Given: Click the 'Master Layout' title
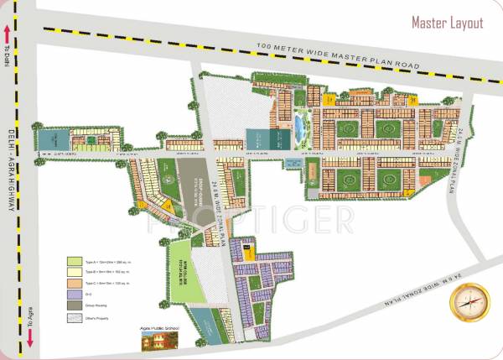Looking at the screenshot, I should [447, 23].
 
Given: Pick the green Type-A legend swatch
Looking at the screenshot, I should [75, 262].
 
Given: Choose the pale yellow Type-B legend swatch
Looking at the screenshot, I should [75, 273].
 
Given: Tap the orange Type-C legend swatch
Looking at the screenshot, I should [75, 284].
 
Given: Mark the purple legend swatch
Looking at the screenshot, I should [75, 295].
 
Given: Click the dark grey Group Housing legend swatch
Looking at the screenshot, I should [75, 305].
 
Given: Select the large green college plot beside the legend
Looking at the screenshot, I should [186, 269].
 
